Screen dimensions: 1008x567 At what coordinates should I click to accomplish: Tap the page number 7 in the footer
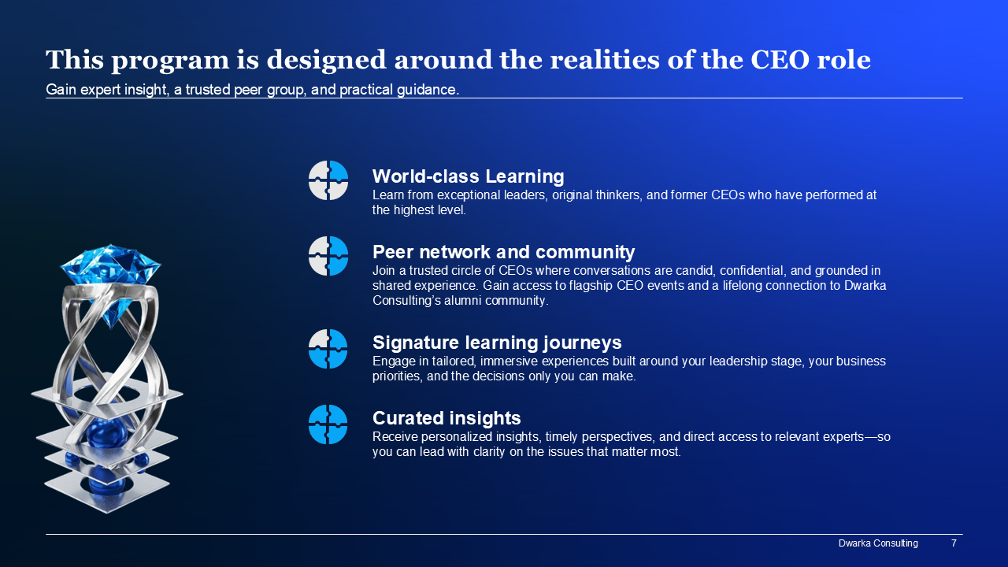(x=954, y=543)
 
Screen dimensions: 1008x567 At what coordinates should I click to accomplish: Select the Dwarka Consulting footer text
(x=878, y=543)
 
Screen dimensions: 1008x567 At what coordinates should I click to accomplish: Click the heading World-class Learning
(x=468, y=176)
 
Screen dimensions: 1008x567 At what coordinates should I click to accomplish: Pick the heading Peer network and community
(x=503, y=252)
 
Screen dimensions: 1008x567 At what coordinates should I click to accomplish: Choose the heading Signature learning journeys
(x=497, y=343)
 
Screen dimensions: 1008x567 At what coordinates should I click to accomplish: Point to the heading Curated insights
(x=447, y=418)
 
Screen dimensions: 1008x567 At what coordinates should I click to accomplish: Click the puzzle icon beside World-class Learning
(x=328, y=180)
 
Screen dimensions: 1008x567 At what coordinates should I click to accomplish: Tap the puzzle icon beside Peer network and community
(x=328, y=256)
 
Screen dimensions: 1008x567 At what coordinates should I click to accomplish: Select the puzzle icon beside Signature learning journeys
(x=328, y=349)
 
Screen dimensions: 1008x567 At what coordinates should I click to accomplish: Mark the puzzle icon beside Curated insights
(x=328, y=424)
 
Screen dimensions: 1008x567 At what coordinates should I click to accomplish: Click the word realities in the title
(x=605, y=60)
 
